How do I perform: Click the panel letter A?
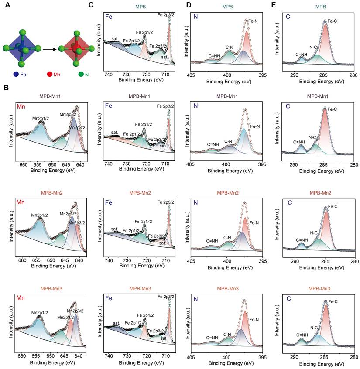click(x=6, y=6)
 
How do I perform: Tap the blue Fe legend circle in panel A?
click(x=16, y=74)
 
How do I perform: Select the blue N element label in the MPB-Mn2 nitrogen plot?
click(x=195, y=202)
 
